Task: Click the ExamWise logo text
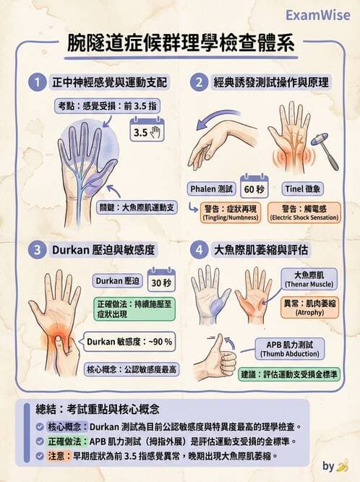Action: (317, 14)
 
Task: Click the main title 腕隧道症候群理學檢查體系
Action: (180, 42)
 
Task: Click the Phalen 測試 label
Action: (213, 189)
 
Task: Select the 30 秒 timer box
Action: (161, 280)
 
